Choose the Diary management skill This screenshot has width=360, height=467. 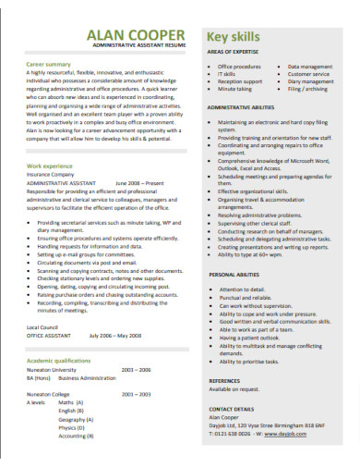tap(310, 82)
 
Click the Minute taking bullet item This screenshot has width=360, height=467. tap(234, 90)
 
